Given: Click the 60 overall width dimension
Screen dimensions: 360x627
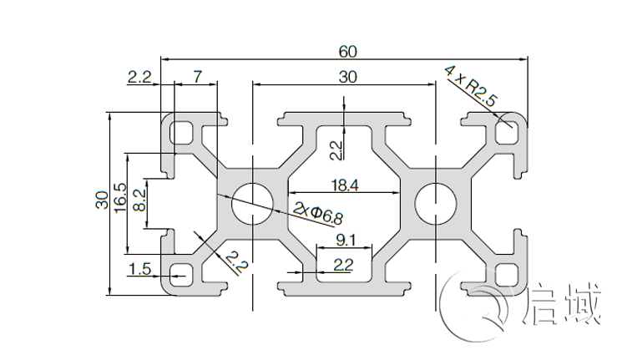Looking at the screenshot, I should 347,51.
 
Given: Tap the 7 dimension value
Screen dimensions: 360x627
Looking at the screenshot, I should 197,77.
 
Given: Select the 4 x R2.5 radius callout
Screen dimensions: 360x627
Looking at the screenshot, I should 472,86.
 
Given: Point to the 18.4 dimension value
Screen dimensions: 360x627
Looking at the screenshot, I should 344,186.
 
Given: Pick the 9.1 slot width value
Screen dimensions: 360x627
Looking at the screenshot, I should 344,241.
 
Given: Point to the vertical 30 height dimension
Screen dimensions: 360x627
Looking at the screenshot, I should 101,201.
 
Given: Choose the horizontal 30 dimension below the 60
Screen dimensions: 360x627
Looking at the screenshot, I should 347,77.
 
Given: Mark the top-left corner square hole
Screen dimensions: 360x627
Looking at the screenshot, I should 180,131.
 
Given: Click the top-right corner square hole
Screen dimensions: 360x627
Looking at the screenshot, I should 506,131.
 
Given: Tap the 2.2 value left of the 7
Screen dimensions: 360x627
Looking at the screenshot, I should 139,77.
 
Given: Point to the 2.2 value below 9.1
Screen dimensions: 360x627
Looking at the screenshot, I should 343,266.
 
